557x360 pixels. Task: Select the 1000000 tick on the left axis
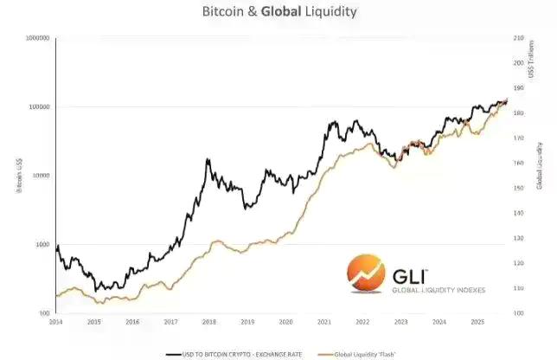[x=36, y=38]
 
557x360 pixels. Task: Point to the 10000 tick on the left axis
[x=42, y=176]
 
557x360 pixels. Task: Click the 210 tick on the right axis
[x=519, y=38]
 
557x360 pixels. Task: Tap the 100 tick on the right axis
[x=519, y=312]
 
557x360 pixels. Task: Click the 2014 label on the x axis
[x=57, y=322]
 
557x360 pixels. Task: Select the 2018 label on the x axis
[x=208, y=322]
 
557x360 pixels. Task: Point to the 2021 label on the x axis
[x=323, y=322]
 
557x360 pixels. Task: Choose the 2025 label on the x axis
[x=477, y=322]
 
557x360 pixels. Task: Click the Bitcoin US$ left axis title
[x=19, y=176]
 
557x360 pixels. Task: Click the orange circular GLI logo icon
[x=365, y=276]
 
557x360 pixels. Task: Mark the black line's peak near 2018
[x=208, y=159]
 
